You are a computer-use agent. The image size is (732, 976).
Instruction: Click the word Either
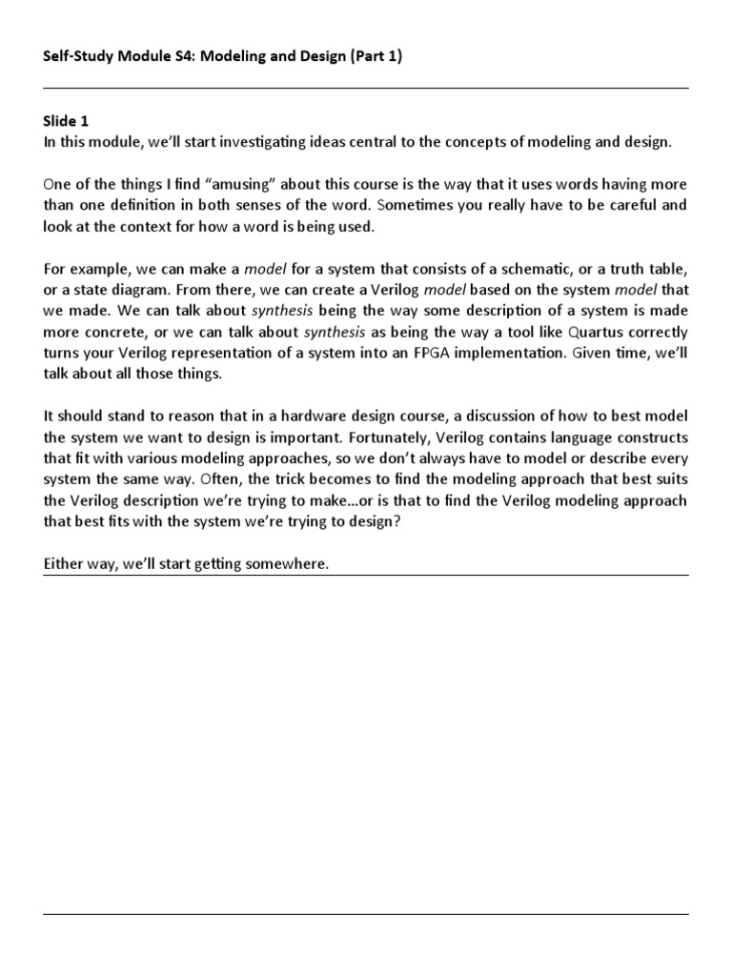tap(65, 564)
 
